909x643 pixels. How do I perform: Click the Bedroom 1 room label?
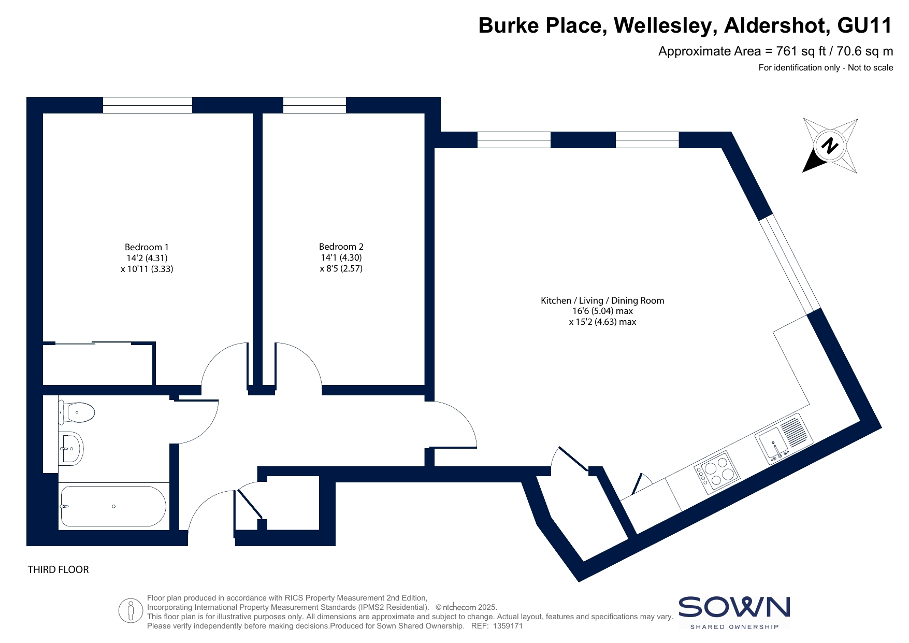tap(147, 247)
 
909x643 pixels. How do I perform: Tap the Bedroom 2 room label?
tap(341, 247)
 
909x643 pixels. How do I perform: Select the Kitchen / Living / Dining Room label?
tap(602, 301)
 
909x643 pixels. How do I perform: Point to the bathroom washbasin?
tap(70, 449)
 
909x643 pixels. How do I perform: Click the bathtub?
tap(113, 506)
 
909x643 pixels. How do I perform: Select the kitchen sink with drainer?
tap(784, 438)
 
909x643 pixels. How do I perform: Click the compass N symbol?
tap(830, 146)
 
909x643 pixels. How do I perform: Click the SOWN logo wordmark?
tap(734, 607)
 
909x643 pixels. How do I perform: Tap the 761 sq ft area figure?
tap(801, 51)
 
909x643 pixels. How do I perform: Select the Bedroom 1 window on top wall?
tap(148, 105)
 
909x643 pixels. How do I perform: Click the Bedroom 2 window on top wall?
tap(314, 105)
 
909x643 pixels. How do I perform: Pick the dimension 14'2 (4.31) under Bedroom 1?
tap(147, 258)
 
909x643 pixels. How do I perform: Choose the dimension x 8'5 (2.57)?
tap(341, 268)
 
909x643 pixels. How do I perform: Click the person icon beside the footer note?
tap(131, 611)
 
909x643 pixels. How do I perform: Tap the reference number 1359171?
tap(508, 626)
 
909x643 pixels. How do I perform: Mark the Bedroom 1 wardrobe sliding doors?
tap(93, 343)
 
